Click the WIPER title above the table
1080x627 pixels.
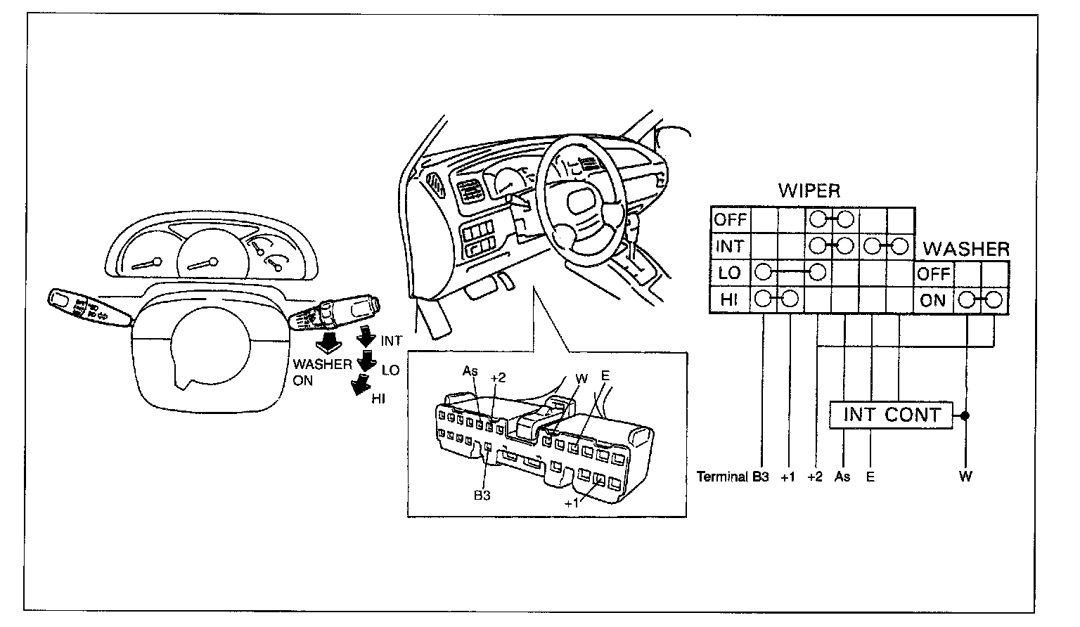(809, 191)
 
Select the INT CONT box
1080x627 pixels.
(891, 415)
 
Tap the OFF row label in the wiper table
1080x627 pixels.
(730, 220)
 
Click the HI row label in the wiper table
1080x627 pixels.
(729, 299)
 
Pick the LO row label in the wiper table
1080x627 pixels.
(729, 273)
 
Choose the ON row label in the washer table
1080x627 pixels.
(932, 300)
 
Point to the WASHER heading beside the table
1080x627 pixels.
(966, 249)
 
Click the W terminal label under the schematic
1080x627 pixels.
(965, 477)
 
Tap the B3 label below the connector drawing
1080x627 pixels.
(482, 495)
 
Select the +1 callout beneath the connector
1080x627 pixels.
(572, 503)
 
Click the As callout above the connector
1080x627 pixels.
(470, 371)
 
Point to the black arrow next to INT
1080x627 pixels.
(366, 336)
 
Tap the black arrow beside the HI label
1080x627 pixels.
(361, 384)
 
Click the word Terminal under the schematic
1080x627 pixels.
(722, 477)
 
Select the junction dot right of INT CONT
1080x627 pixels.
(965, 415)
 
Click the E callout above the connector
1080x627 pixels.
(605, 375)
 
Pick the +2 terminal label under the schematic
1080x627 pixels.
(815, 477)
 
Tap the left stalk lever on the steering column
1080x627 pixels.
(89, 307)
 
